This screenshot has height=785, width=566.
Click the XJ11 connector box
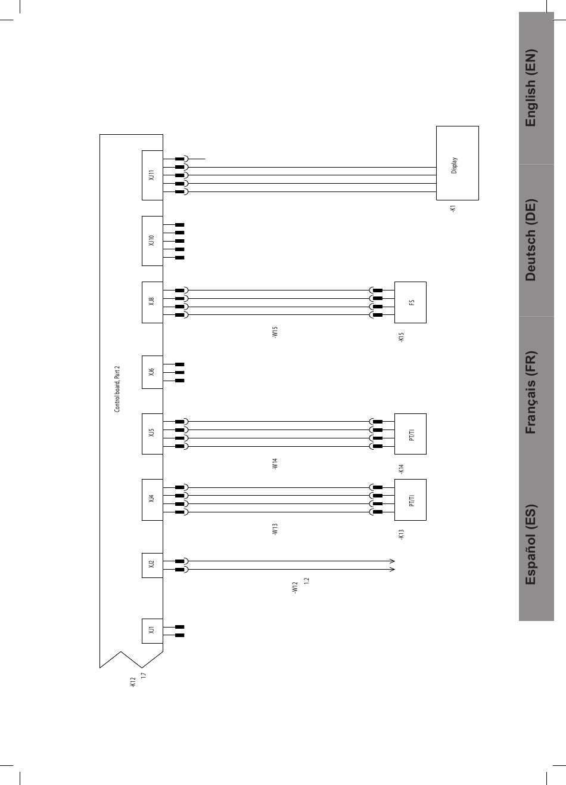point(152,175)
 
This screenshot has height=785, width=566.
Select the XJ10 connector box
point(152,240)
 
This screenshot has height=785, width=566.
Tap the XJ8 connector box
point(152,302)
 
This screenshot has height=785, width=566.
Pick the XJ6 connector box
point(152,372)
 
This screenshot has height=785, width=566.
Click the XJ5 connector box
point(152,434)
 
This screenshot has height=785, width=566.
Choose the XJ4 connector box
point(152,499)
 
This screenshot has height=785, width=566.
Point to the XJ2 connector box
point(152,565)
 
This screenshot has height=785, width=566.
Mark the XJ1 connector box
point(152,631)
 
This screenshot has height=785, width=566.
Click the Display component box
point(457,163)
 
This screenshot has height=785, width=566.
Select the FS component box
point(410,302)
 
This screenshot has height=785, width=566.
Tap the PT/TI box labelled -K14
point(410,434)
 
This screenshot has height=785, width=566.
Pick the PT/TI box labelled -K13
point(410,499)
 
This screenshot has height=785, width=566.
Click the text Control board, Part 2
point(117,390)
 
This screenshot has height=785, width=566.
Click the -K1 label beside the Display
point(453,209)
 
